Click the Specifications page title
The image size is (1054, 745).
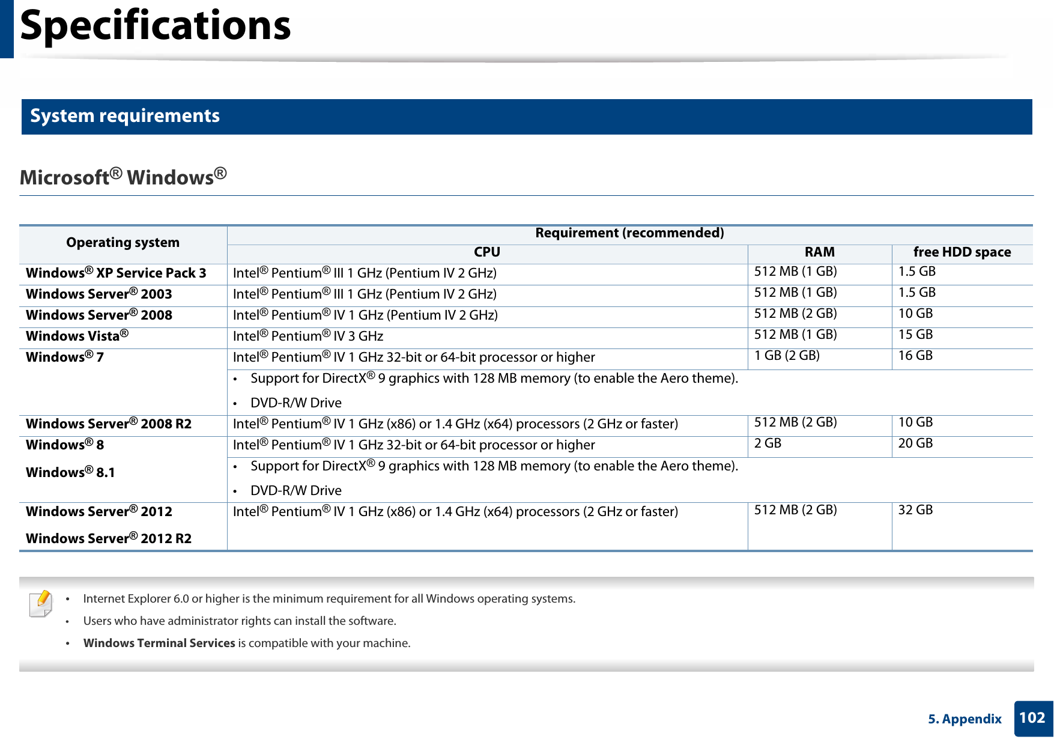(155, 26)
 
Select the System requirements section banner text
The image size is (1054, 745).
(125, 116)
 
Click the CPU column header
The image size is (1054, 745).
(486, 252)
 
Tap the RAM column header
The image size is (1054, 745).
(819, 252)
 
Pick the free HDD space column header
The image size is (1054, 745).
(962, 252)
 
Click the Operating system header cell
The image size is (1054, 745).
(123, 243)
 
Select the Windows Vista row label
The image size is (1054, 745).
(77, 336)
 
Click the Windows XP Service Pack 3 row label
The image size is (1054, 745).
(116, 273)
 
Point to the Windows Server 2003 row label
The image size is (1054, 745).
(99, 294)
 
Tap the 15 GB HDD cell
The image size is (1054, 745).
(915, 335)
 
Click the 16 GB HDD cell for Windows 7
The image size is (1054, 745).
(915, 356)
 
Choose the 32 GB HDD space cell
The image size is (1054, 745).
(915, 510)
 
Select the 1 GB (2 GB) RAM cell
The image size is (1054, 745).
(787, 356)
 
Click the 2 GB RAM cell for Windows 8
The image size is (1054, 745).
(768, 443)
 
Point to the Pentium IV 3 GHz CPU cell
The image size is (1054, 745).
(308, 336)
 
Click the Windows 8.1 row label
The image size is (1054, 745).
(70, 473)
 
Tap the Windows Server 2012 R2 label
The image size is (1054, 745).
(109, 539)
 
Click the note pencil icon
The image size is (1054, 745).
(41, 603)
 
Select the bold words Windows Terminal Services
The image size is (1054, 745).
(159, 643)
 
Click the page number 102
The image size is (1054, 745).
(1032, 718)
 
